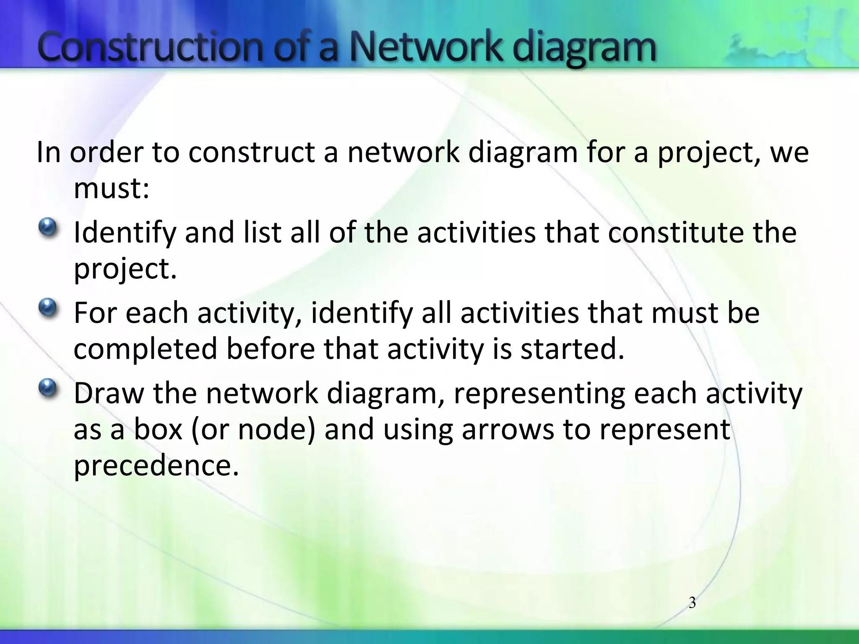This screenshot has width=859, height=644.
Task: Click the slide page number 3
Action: tap(692, 603)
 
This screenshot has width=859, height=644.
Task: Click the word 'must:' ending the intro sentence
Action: tap(112, 189)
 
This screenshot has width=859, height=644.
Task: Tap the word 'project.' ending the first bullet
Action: tap(125, 269)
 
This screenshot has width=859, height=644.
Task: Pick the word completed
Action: tap(145, 350)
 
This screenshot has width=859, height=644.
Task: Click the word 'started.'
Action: tap(572, 349)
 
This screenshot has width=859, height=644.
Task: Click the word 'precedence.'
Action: tap(156, 465)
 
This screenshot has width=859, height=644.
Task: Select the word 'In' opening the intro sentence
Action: tap(49, 153)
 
